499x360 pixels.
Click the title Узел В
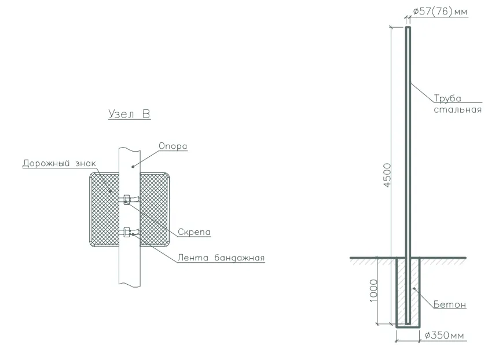129,114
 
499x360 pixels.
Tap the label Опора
173,146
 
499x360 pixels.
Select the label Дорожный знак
59,164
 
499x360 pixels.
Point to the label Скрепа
194,232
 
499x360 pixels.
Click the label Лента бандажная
221,258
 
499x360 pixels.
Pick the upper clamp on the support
127,200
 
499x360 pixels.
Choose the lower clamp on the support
127,232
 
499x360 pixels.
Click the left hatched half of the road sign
105,210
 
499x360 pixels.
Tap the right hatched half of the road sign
155,210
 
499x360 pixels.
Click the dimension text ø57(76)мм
440,12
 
